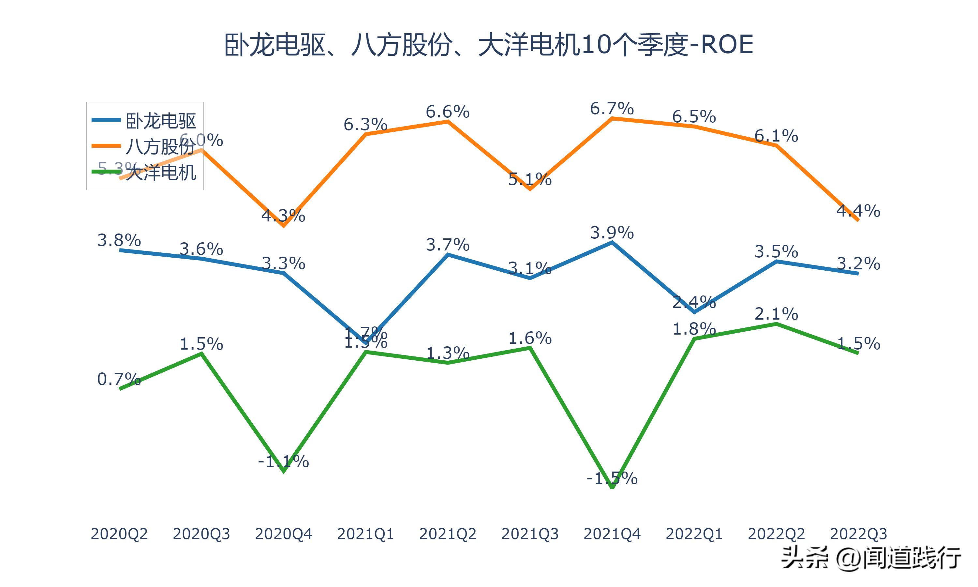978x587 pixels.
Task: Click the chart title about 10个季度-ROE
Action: [489, 45]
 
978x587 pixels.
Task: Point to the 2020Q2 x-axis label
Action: [119, 534]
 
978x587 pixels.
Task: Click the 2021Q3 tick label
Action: [530, 534]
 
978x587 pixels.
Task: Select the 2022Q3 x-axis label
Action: [858, 534]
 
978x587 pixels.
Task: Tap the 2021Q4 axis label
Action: [612, 534]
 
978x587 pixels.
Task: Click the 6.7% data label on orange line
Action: [612, 108]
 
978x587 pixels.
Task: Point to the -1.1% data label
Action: [283, 461]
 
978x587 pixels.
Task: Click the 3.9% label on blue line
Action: [612, 233]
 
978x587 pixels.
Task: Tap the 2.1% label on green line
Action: [776, 314]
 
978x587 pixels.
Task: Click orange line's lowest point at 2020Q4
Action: [283, 226]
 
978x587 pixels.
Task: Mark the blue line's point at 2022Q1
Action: [694, 312]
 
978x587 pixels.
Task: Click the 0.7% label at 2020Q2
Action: [119, 379]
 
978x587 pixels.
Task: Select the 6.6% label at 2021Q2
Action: [448, 112]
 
